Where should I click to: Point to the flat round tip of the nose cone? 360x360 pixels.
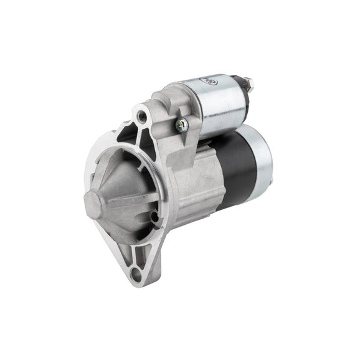point(93,204)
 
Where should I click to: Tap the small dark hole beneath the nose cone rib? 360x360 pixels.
point(153,217)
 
